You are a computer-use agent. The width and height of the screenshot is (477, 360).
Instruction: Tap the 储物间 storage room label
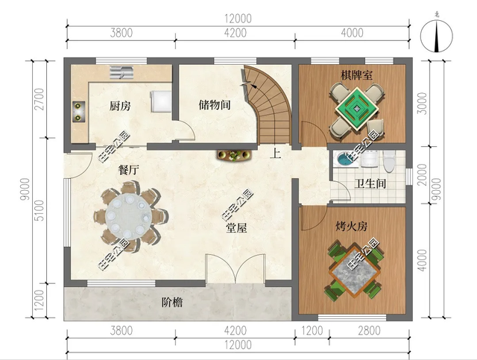[x=214, y=106]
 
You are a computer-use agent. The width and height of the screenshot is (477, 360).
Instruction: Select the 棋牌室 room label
[x=357, y=75]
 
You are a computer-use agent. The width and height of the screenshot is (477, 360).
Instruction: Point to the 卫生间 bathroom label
[x=369, y=184]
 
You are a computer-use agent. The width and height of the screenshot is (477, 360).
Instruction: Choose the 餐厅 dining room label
[x=129, y=170]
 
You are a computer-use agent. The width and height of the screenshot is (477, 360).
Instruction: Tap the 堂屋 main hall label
[x=238, y=228]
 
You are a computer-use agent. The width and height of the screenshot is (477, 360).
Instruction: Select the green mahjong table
[x=356, y=107]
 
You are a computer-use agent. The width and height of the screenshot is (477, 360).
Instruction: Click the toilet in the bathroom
[x=388, y=159]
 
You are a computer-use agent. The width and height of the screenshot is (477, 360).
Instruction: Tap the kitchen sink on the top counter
[x=121, y=72]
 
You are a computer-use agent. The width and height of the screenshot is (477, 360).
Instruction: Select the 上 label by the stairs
[x=276, y=155]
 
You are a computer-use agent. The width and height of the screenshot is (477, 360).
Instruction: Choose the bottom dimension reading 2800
[x=369, y=331]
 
